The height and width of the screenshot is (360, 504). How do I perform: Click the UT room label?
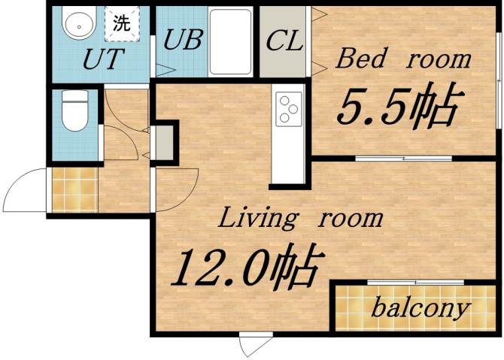(103, 59)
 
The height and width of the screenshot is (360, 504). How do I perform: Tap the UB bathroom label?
(184, 39)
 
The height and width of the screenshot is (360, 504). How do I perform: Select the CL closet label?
(284, 41)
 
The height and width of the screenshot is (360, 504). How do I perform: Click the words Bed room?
(403, 59)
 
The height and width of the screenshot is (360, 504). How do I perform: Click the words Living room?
(300, 219)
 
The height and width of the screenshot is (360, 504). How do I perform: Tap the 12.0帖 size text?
(247, 267)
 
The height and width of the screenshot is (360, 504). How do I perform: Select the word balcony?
(421, 307)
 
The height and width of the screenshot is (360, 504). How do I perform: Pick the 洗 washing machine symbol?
(121, 23)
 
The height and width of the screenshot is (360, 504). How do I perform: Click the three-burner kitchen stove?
(288, 108)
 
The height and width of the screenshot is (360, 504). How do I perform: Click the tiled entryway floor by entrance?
(74, 190)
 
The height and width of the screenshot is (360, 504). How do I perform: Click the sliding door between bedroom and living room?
(403, 159)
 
